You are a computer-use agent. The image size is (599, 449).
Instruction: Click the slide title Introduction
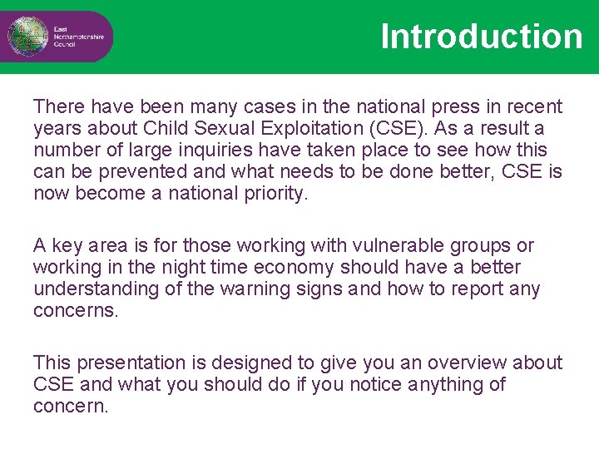[x=482, y=37]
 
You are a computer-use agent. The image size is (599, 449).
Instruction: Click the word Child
[x=166, y=128]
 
